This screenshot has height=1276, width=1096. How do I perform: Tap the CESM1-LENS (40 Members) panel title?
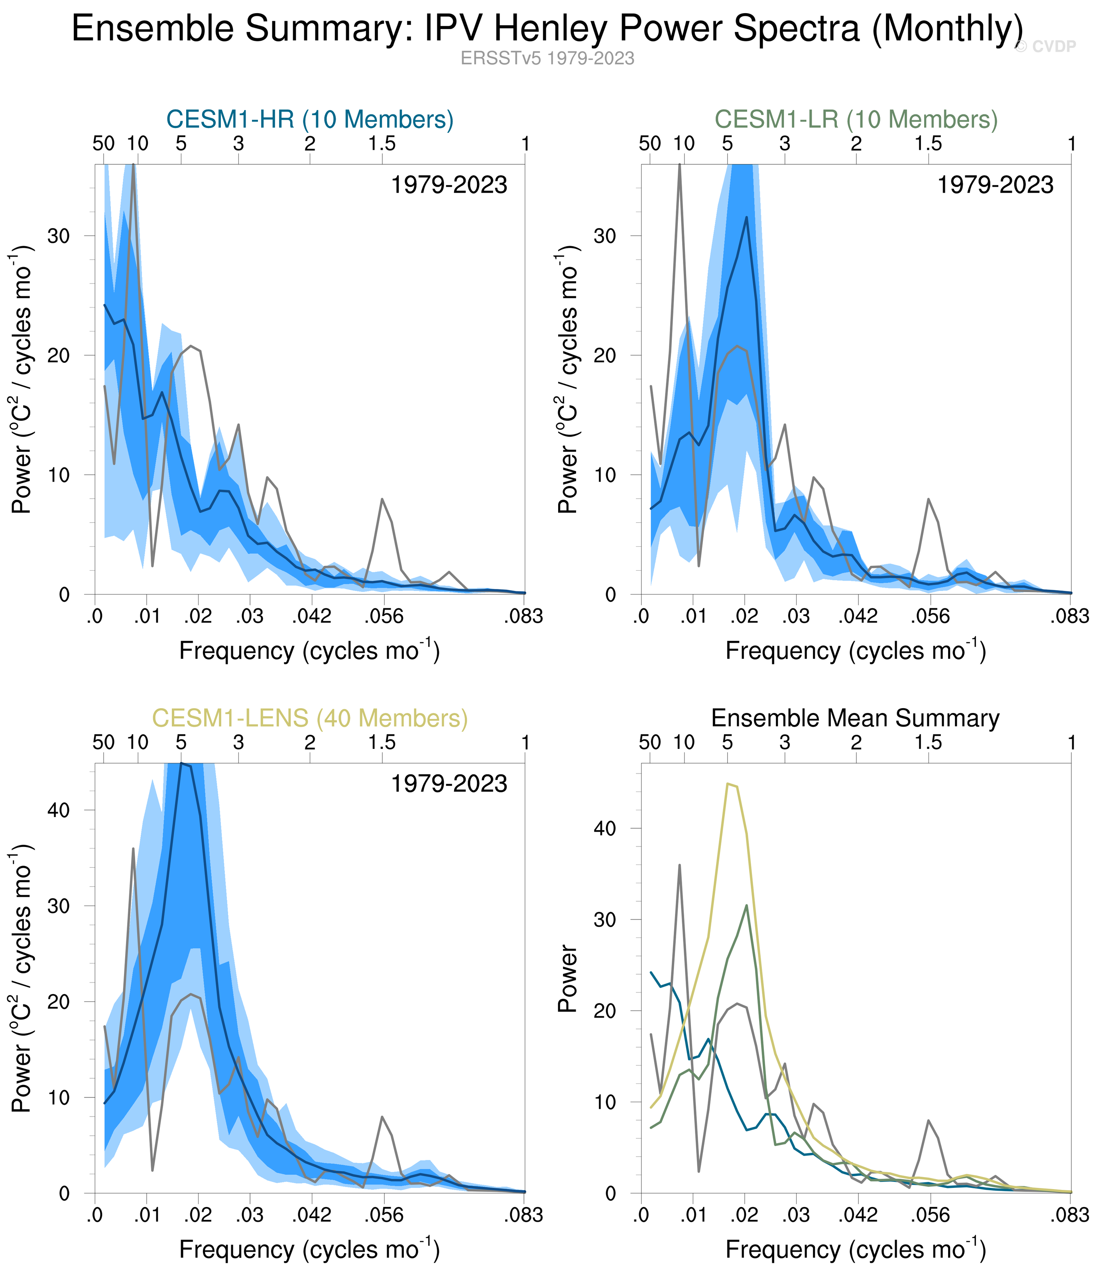pos(310,718)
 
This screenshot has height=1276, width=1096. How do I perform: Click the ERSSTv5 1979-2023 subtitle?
pos(547,59)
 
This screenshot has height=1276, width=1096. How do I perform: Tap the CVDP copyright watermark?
pos(1045,47)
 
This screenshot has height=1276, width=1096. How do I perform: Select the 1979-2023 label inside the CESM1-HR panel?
pos(449,185)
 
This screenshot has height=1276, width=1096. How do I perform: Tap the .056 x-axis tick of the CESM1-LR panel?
pos(930,616)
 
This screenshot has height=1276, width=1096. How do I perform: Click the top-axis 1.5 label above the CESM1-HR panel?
pos(382,144)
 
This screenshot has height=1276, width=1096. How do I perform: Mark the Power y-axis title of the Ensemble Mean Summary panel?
pos(568,979)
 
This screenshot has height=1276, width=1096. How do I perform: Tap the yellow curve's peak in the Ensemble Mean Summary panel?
pos(728,784)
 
